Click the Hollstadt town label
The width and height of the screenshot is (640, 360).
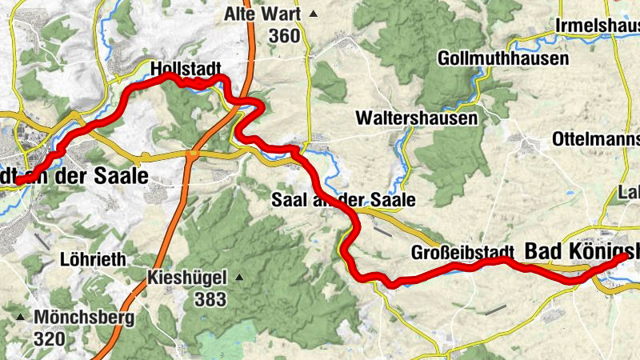tap(185, 68)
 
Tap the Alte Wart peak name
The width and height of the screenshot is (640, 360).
tap(262, 14)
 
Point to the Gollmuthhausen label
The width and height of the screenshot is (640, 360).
tap(503, 59)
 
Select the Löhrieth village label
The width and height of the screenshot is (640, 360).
tap(90, 259)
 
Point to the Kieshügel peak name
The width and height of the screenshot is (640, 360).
tap(187, 278)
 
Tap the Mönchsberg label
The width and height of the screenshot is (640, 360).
tap(83, 317)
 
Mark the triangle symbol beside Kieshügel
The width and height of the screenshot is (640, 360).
tap(238, 278)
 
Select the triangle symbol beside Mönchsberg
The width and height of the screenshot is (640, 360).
tap(21, 318)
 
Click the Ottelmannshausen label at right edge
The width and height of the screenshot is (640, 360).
tap(595, 140)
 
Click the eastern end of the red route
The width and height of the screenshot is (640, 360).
tap(629, 258)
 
